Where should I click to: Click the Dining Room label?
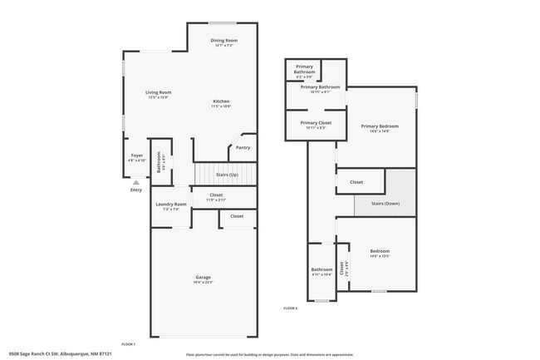click(223, 40)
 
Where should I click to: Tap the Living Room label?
click(158, 91)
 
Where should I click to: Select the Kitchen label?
click(220, 101)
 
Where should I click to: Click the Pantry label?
click(243, 147)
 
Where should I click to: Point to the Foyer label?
click(137, 155)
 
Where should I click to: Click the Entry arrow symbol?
click(136, 181)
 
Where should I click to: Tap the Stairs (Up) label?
click(227, 175)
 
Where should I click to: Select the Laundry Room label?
click(171, 204)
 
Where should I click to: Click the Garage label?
click(203, 277)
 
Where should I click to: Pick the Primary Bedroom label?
click(375, 126)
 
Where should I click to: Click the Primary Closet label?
click(316, 122)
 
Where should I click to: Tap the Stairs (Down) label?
click(385, 202)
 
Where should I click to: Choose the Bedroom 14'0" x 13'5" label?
click(379, 250)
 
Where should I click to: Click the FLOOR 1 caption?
click(128, 344)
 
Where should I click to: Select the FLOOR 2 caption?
click(290, 308)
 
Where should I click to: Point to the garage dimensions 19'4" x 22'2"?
click(203, 282)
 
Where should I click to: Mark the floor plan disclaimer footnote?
click(269, 353)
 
